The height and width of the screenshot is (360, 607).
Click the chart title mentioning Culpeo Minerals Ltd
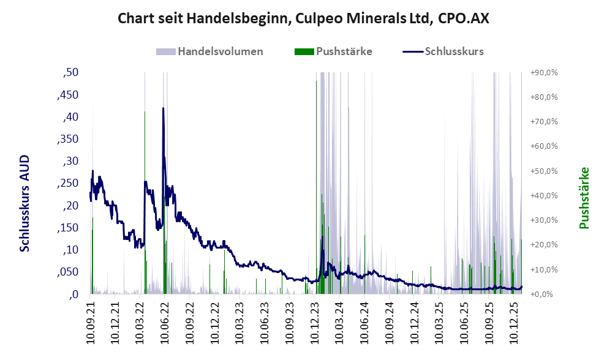[303, 18]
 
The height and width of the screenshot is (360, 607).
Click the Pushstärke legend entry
[344, 51]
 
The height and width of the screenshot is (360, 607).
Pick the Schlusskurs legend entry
[454, 51]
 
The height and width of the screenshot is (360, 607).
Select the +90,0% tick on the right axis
[543, 73]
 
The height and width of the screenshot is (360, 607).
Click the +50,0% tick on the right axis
[543, 171]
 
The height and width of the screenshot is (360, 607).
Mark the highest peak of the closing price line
[163, 108]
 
